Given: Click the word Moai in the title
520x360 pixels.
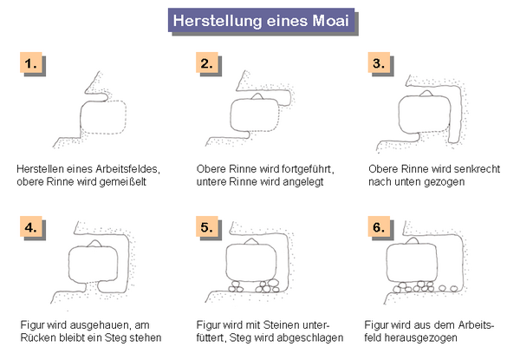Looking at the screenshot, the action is (331, 21).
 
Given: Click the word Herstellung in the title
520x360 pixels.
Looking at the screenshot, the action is (218, 21).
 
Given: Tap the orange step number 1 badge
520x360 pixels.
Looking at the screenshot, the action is (31, 62).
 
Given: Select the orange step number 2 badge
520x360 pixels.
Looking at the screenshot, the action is (206, 62).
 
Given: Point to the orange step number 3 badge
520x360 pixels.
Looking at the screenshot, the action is (379, 62).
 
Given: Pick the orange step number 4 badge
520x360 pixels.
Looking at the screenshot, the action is (31, 226).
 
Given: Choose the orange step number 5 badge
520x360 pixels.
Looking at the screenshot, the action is (206, 226).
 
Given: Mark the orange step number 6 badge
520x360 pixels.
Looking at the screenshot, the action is (379, 226).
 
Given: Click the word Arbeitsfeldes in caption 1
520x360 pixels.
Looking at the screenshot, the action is (127, 169).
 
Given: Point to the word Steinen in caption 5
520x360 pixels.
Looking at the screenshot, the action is (281, 324).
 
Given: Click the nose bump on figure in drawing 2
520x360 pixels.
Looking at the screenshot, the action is (257, 96).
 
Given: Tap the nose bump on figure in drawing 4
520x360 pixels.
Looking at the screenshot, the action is (95, 244).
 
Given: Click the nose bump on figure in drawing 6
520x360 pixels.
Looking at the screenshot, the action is (413, 241).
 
